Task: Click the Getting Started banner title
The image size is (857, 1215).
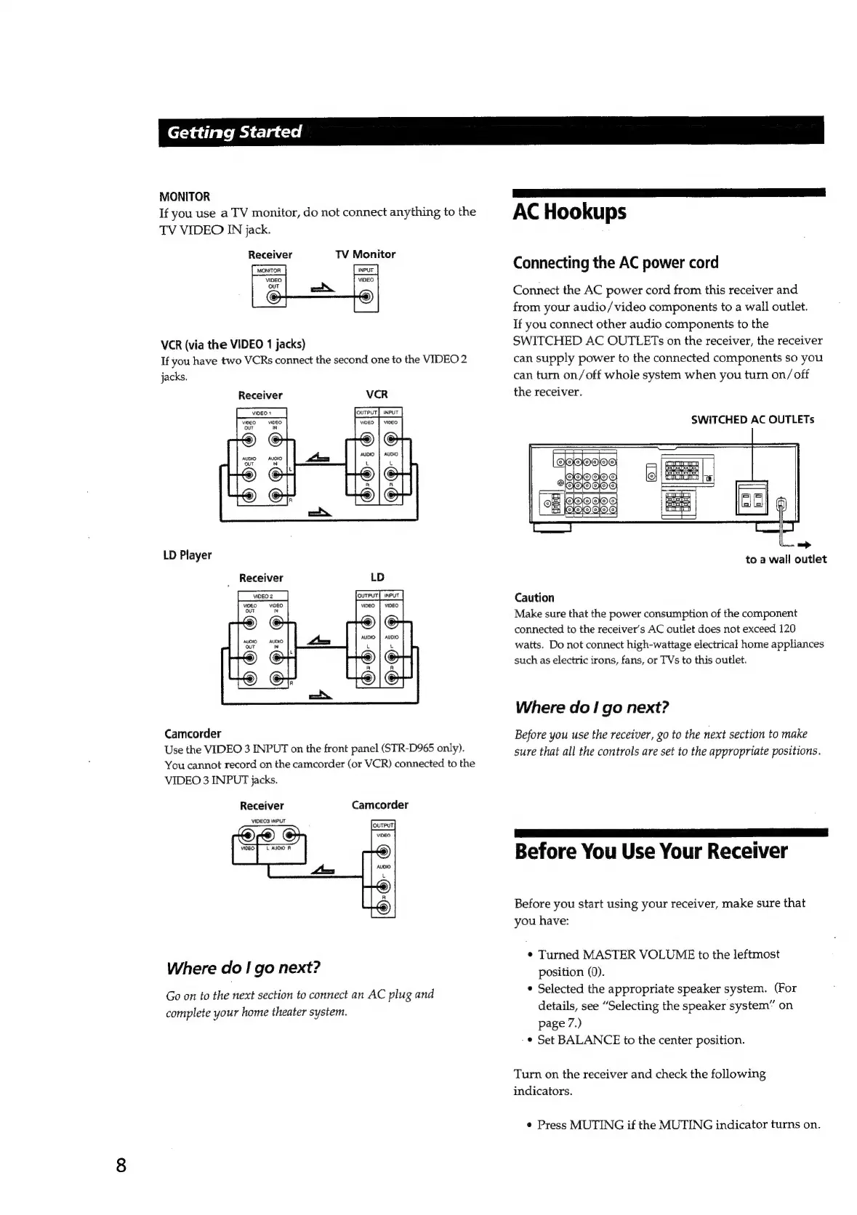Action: [x=233, y=132]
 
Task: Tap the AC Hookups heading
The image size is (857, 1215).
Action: [x=569, y=212]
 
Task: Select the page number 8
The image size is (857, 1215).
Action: [x=121, y=1165]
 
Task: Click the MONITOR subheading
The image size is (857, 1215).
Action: [x=185, y=196]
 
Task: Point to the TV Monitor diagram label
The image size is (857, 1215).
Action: [x=365, y=254]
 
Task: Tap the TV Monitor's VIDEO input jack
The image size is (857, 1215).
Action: [x=366, y=296]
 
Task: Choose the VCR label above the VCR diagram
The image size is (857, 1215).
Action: [x=377, y=395]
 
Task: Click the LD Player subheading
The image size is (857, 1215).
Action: [x=188, y=555]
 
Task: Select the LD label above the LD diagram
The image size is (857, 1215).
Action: [x=377, y=578]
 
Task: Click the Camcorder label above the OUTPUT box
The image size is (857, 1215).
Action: [x=379, y=805]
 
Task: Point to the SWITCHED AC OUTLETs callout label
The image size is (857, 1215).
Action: [x=752, y=419]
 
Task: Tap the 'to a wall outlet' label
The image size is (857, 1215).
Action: [x=786, y=560]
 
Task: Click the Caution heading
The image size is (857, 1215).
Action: [x=534, y=597]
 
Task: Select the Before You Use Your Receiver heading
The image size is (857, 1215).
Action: [x=651, y=851]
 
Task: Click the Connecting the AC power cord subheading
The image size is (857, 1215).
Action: [x=616, y=262]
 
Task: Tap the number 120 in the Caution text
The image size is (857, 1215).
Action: [x=786, y=629]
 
